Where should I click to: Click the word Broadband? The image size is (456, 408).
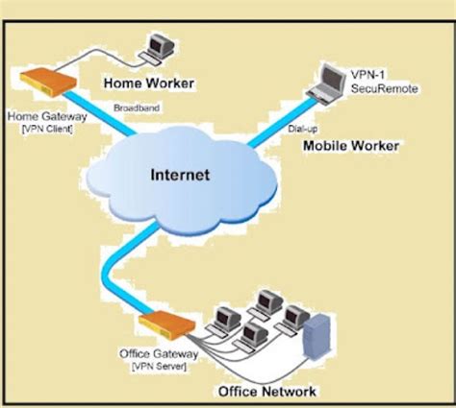[132, 108]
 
